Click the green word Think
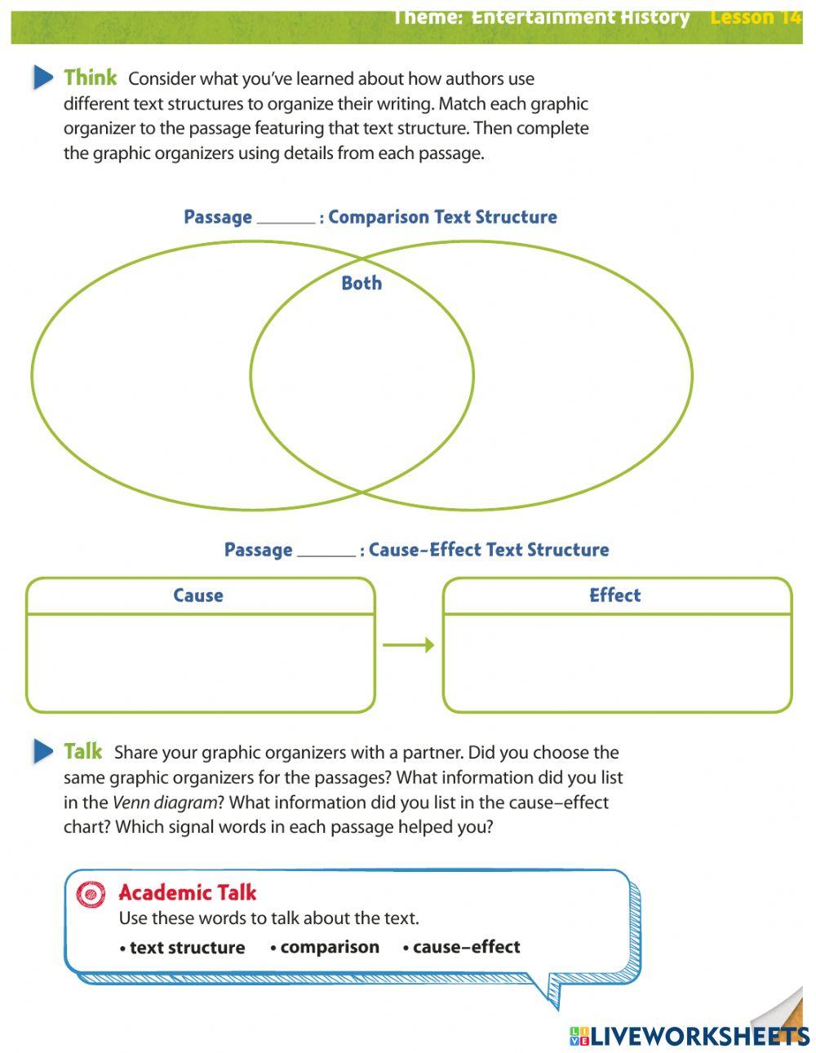(91, 78)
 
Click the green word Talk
(83, 751)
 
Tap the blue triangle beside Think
(43, 77)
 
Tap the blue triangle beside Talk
(43, 750)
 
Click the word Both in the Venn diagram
(361, 283)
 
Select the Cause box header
(198, 595)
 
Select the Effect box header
(615, 595)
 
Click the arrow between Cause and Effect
(408, 645)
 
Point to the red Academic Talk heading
(188, 892)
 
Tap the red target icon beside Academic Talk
(91, 894)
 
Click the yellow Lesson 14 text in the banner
(756, 18)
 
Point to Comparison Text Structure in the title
(442, 217)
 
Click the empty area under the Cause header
(200, 661)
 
